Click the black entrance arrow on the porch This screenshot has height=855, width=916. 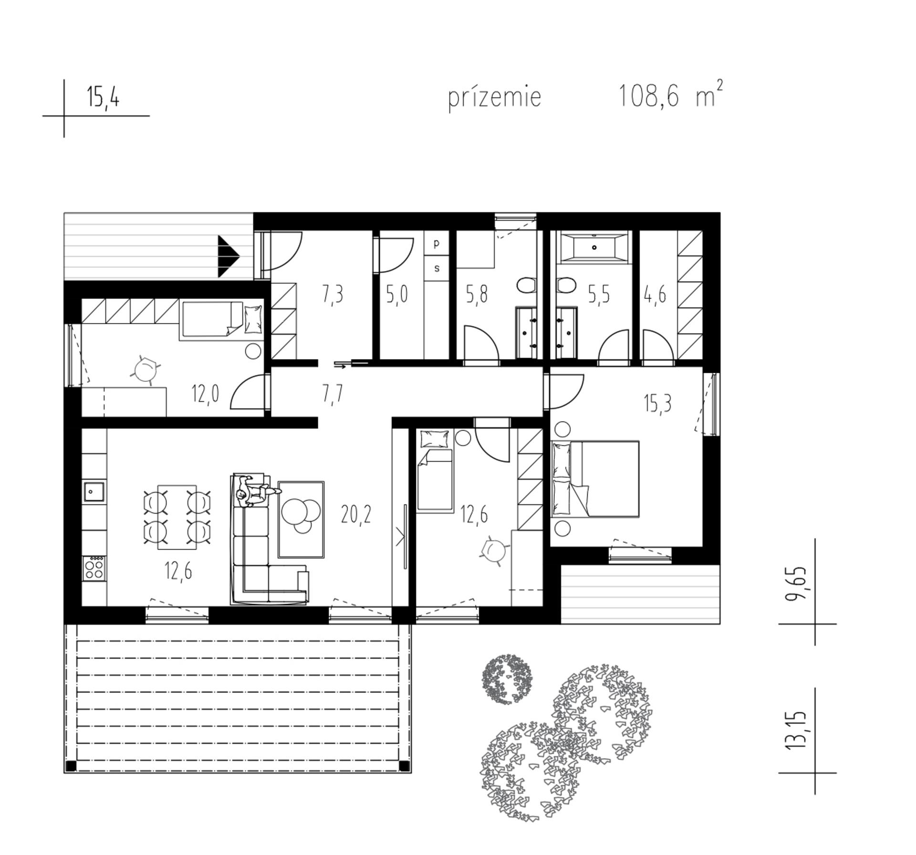click(x=228, y=256)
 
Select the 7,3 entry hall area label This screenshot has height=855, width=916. click(x=333, y=295)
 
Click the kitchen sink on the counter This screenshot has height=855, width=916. click(x=94, y=492)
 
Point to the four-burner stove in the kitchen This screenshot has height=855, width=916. click(x=94, y=568)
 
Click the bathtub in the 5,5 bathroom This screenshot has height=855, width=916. click(x=594, y=247)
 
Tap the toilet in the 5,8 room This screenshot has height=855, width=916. click(x=526, y=286)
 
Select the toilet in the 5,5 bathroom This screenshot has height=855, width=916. click(x=565, y=286)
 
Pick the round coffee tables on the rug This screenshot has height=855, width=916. click(x=301, y=515)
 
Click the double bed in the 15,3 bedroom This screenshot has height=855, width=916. click(x=595, y=479)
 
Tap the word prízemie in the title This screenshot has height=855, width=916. click(x=495, y=97)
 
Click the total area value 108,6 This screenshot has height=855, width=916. click(x=649, y=96)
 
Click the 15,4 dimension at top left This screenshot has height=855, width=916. click(x=103, y=97)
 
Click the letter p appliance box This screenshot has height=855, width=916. click(x=437, y=243)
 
